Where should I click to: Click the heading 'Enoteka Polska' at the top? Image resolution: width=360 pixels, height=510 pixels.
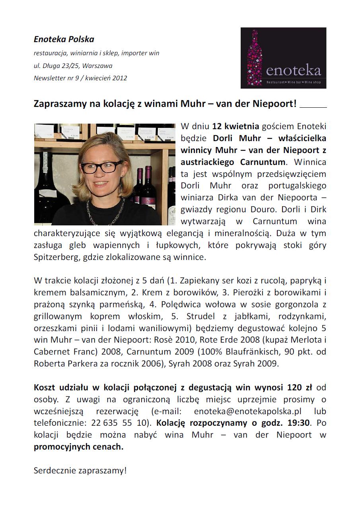64,39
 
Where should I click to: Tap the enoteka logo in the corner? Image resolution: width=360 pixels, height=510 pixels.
283,58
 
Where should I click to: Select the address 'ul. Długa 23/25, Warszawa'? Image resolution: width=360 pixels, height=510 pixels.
73,66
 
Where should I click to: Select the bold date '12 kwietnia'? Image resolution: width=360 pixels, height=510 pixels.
235,127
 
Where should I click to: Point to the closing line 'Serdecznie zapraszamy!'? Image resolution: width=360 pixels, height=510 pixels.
80,471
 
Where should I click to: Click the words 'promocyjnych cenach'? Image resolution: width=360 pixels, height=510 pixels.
78,447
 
